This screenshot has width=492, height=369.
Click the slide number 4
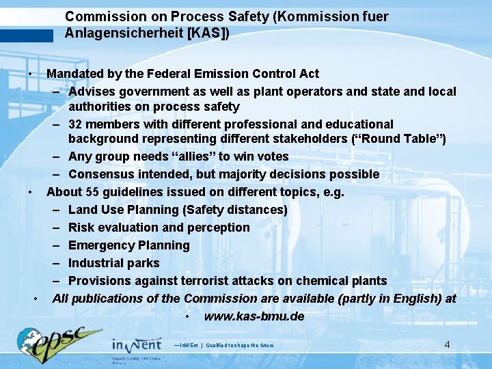447,344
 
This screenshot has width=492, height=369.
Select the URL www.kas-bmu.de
254,316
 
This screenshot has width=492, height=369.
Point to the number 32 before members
76,124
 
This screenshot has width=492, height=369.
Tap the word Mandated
74,73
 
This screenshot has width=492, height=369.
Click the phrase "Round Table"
403,139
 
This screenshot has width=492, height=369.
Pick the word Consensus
101,174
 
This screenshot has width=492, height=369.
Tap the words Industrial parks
114,263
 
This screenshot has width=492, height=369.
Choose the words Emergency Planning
129,245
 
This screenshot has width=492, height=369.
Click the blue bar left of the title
27,36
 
